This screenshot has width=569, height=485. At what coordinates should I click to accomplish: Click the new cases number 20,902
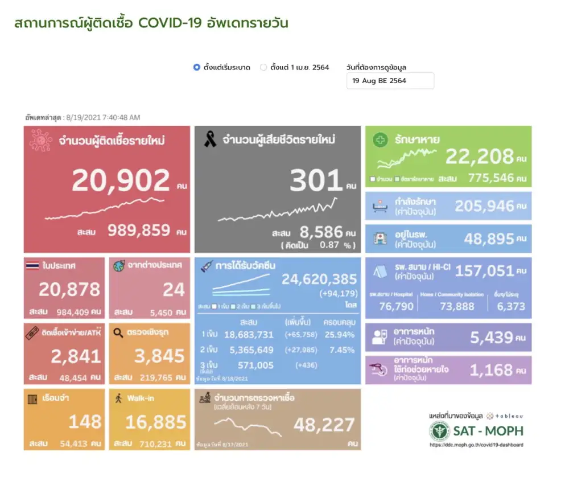[x=121, y=180]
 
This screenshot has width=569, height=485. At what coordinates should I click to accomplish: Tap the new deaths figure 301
[x=316, y=181]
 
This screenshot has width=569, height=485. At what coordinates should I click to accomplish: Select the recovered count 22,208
[x=479, y=156]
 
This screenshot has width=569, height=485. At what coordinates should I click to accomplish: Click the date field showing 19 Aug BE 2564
[x=390, y=81]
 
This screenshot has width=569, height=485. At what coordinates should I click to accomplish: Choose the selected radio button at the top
[x=197, y=67]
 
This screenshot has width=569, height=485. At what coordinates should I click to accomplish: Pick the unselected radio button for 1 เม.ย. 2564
[x=263, y=67]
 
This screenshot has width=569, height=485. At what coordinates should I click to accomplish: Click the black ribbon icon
[x=210, y=139]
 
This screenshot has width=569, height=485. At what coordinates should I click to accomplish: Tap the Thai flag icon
[x=32, y=265]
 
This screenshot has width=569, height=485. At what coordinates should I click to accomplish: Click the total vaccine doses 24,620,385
[x=319, y=279]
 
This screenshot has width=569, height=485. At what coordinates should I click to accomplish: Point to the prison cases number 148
[x=85, y=422]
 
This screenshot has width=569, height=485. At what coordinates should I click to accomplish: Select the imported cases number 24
[x=174, y=290]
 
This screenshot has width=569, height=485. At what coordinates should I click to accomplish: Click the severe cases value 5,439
[x=492, y=338]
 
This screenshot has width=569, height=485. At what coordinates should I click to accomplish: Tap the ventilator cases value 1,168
[x=492, y=370]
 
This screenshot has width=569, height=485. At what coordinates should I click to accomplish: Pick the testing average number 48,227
[x=324, y=424]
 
